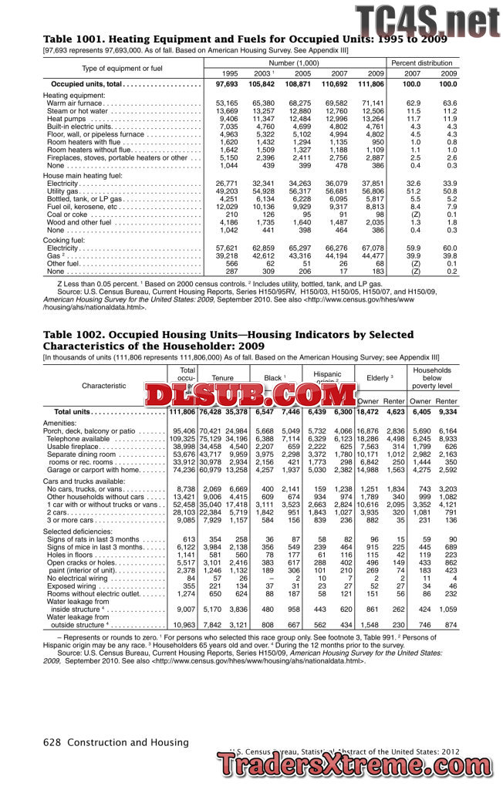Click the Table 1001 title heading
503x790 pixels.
[231, 39]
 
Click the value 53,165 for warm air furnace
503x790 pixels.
[228, 103]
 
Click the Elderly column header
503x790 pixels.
[380, 377]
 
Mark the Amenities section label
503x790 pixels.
[60, 423]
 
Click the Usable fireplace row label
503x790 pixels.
[81, 447]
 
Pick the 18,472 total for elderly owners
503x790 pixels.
[368, 413]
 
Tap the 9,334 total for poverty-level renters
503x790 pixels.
[447, 413]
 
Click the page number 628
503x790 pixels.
[52, 742]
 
